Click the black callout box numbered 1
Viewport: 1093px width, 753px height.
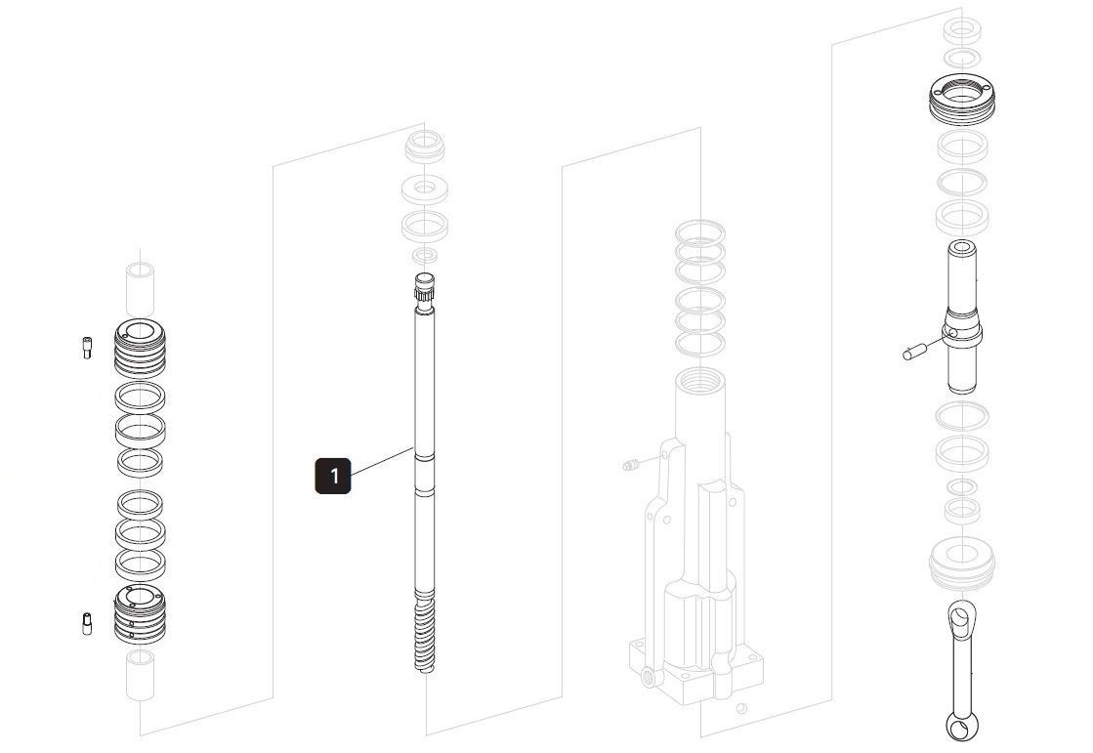click(x=333, y=476)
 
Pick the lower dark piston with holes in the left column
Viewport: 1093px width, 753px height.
click(x=140, y=613)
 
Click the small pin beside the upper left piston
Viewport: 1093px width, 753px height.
click(x=86, y=347)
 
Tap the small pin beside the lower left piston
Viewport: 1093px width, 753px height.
click(x=87, y=623)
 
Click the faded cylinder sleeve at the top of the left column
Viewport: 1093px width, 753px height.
click(x=140, y=288)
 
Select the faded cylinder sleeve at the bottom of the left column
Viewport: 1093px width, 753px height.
click(x=140, y=674)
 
